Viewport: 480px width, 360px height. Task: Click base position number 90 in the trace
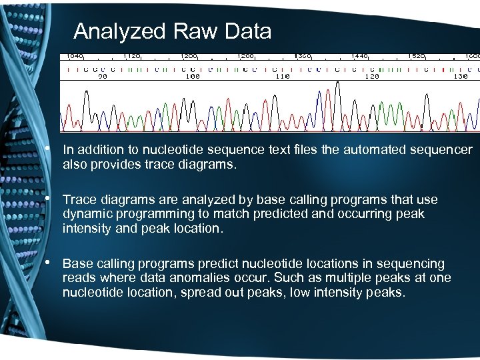pyautogui.click(x=103, y=77)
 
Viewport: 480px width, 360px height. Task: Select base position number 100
pyautogui.click(x=192, y=77)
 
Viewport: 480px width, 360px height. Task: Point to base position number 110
pyautogui.click(x=282, y=77)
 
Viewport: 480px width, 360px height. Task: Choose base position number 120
pyautogui.click(x=371, y=77)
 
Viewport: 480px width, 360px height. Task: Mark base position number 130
pyautogui.click(x=460, y=77)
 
